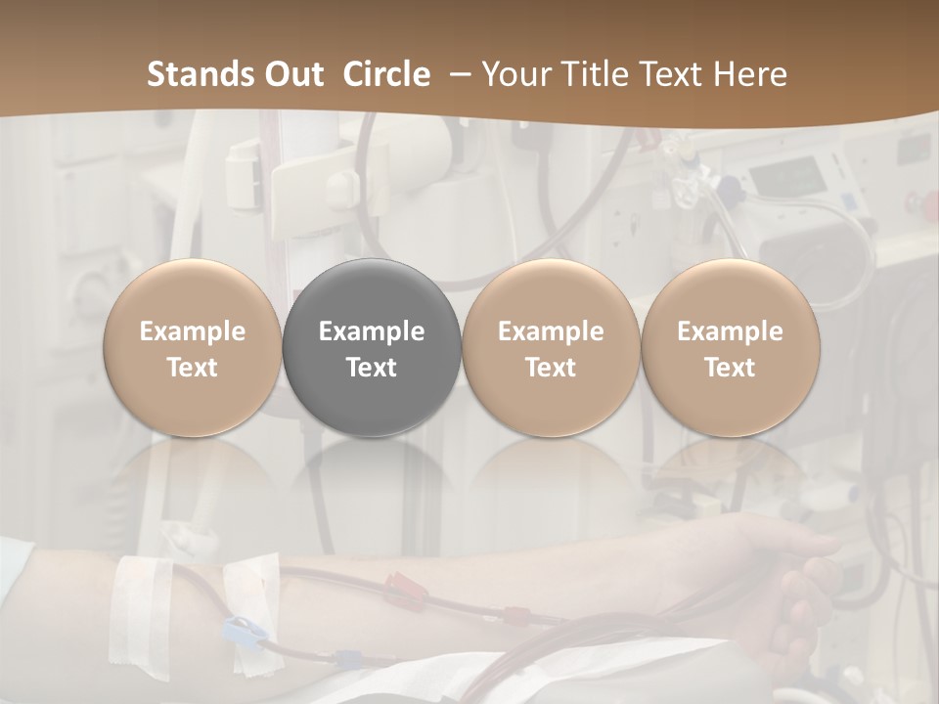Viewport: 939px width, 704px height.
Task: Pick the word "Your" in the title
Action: pyautogui.click(x=517, y=74)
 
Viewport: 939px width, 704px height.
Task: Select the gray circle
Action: pyautogui.click(x=372, y=348)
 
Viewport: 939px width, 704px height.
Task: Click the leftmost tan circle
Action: pyautogui.click(x=193, y=348)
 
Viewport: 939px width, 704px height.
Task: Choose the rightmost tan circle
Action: pyautogui.click(x=730, y=348)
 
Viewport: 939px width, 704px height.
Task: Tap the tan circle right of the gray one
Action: pyautogui.click(x=551, y=348)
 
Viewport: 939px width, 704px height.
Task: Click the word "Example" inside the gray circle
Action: pyautogui.click(x=372, y=331)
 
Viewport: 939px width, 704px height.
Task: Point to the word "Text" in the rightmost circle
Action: pyautogui.click(x=730, y=368)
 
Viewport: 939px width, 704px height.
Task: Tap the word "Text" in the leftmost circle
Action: pyautogui.click(x=193, y=368)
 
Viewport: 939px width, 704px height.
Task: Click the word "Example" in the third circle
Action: pyautogui.click(x=551, y=331)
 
